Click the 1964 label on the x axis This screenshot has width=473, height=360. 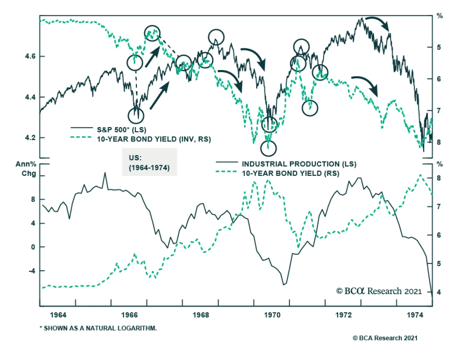coord(58,315)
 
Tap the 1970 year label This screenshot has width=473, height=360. coord(272,315)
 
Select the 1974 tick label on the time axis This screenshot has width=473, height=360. coord(415,315)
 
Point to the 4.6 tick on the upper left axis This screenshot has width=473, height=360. coord(31,56)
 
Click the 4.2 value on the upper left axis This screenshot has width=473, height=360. coord(31,138)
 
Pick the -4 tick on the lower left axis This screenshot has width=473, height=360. coord(32,271)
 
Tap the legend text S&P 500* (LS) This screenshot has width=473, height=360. coord(122,130)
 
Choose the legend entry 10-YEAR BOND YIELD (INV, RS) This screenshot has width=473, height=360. coord(154,139)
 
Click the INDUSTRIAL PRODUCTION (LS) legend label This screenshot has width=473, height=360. coord(299,164)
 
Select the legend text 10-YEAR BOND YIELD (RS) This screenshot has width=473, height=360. coord(290,173)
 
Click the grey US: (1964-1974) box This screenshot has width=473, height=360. coord(150,162)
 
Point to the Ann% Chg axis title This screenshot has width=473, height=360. coord(26,168)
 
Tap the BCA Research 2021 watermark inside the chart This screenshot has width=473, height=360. coord(379,291)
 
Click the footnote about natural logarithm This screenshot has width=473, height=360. coord(98,328)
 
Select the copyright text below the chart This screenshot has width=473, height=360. coord(385,338)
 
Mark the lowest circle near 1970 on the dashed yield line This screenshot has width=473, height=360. coord(268,148)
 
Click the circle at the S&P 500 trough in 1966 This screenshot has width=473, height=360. coord(136,116)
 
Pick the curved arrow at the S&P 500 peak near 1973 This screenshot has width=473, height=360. coord(377,23)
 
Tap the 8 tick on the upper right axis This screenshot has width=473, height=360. coord(439,142)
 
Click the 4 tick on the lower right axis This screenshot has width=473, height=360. coord(439,292)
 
